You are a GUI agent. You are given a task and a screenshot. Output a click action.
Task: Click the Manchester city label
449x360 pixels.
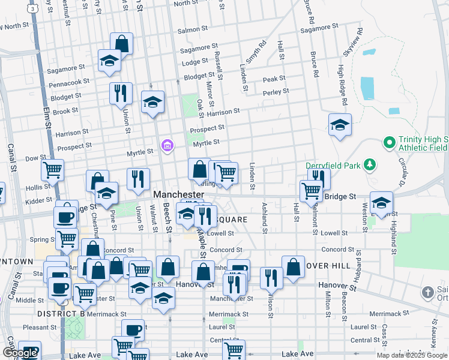[x=178, y=195]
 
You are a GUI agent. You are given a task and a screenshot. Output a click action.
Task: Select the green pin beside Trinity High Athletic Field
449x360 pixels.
[x=390, y=143]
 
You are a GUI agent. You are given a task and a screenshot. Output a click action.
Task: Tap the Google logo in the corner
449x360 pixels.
[x=20, y=353]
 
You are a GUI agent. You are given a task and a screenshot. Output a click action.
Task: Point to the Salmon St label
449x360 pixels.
[x=192, y=28]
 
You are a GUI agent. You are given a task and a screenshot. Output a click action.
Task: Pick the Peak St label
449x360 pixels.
[x=274, y=79]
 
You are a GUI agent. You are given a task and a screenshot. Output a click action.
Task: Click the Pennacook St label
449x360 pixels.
[x=69, y=81]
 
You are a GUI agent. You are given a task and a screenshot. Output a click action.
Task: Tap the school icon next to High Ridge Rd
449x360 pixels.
[x=340, y=125]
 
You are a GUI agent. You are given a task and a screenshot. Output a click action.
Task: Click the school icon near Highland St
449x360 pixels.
[x=381, y=202]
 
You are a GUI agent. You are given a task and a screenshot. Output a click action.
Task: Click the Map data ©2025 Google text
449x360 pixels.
[x=412, y=355]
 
